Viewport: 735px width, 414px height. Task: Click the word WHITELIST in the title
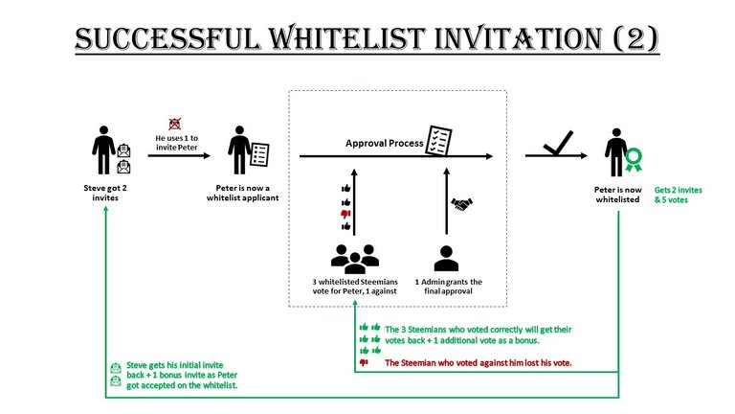pyautogui.click(x=346, y=38)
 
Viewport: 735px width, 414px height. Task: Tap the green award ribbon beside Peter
pyautogui.click(x=634, y=160)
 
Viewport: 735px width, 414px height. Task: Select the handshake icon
pyautogui.click(x=461, y=204)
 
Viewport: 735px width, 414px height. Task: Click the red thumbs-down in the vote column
pyautogui.click(x=345, y=214)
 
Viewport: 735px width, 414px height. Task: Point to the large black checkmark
pyautogui.click(x=558, y=143)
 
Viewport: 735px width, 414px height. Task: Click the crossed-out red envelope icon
pyautogui.click(x=175, y=124)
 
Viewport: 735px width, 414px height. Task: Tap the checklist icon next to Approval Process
pyautogui.click(x=438, y=140)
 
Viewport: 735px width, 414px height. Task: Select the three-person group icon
pyautogui.click(x=355, y=259)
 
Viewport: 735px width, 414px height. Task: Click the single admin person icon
pyautogui.click(x=446, y=259)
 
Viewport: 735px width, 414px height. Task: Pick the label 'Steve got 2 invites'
pyautogui.click(x=105, y=193)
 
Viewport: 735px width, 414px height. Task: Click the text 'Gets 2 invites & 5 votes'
pyautogui.click(x=679, y=195)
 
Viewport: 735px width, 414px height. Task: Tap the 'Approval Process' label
pyautogui.click(x=385, y=143)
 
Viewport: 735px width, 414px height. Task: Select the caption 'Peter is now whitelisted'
pyautogui.click(x=618, y=195)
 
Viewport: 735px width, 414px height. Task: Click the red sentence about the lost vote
pyautogui.click(x=479, y=363)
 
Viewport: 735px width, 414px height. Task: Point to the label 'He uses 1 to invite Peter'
pyautogui.click(x=177, y=143)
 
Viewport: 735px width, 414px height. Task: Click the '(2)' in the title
pyautogui.click(x=635, y=38)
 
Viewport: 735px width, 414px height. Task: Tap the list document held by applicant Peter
pyautogui.click(x=259, y=154)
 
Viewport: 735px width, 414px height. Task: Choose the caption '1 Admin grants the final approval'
pyautogui.click(x=449, y=287)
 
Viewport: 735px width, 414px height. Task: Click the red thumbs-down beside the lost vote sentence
pyautogui.click(x=364, y=362)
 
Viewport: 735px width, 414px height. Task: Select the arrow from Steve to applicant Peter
pyautogui.click(x=179, y=155)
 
